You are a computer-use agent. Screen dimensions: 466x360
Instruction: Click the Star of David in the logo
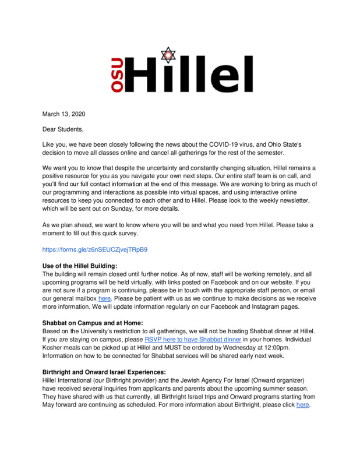(x=169, y=55)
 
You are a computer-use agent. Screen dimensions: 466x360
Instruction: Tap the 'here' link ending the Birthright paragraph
(x=302, y=404)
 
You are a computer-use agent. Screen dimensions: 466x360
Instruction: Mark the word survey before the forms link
(x=129, y=233)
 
